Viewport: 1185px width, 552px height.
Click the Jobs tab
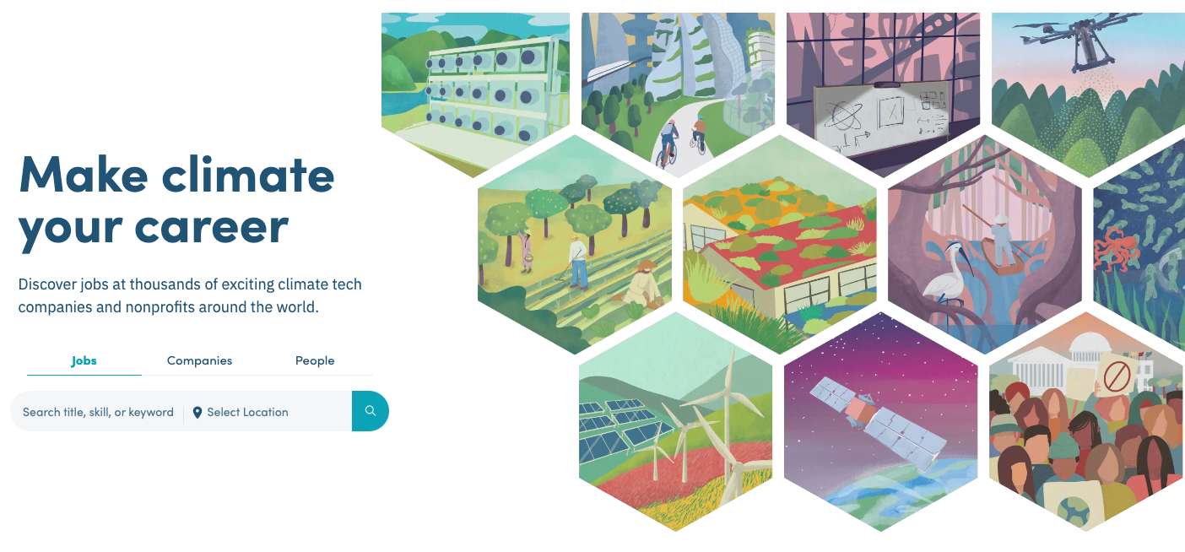[84, 360]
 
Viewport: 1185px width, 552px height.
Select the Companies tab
[199, 360]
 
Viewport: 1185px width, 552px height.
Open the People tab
[315, 360]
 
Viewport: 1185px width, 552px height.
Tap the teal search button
[371, 411]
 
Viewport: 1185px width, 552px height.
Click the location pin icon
[197, 412]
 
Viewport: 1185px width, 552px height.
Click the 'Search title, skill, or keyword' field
[98, 412]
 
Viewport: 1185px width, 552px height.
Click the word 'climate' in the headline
[247, 176]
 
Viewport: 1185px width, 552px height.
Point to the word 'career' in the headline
[211, 228]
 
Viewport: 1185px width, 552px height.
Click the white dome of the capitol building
[1088, 345]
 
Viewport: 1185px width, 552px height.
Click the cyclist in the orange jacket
[699, 136]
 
